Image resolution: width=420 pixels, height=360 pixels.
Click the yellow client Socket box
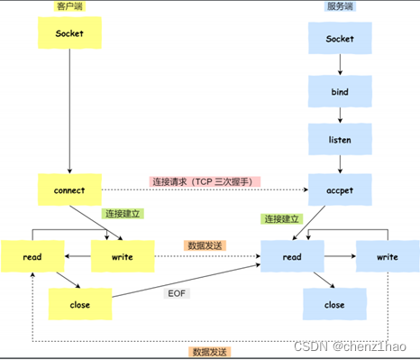coord(68,33)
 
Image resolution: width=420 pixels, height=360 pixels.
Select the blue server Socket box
coord(339,40)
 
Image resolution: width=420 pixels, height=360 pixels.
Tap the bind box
coord(339,91)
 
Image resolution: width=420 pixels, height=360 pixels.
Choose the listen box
coord(339,141)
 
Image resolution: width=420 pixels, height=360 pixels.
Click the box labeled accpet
coord(339,190)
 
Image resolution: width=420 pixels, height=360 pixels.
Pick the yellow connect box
coord(68,190)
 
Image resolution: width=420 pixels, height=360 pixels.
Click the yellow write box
coord(123,256)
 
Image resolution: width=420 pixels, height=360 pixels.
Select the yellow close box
coord(79,305)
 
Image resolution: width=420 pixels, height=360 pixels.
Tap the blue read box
coord(292,256)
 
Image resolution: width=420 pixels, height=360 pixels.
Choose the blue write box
coord(387,256)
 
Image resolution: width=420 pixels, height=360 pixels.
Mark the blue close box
coord(334,305)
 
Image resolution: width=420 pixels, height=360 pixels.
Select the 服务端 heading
coord(338,6)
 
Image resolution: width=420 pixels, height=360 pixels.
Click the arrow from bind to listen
coord(340,115)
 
